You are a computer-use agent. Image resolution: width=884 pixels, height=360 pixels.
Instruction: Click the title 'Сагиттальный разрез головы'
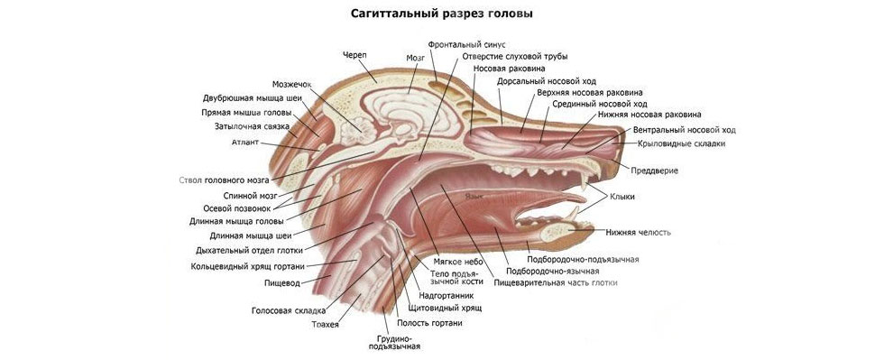(x=440, y=14)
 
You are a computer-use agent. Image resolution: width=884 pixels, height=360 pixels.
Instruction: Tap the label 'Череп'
(x=355, y=55)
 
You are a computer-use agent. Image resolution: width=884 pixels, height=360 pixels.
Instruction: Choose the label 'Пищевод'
(x=282, y=282)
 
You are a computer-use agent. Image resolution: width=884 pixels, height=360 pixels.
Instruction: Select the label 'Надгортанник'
(x=447, y=294)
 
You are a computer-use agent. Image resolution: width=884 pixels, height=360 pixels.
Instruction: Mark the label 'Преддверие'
(x=655, y=171)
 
